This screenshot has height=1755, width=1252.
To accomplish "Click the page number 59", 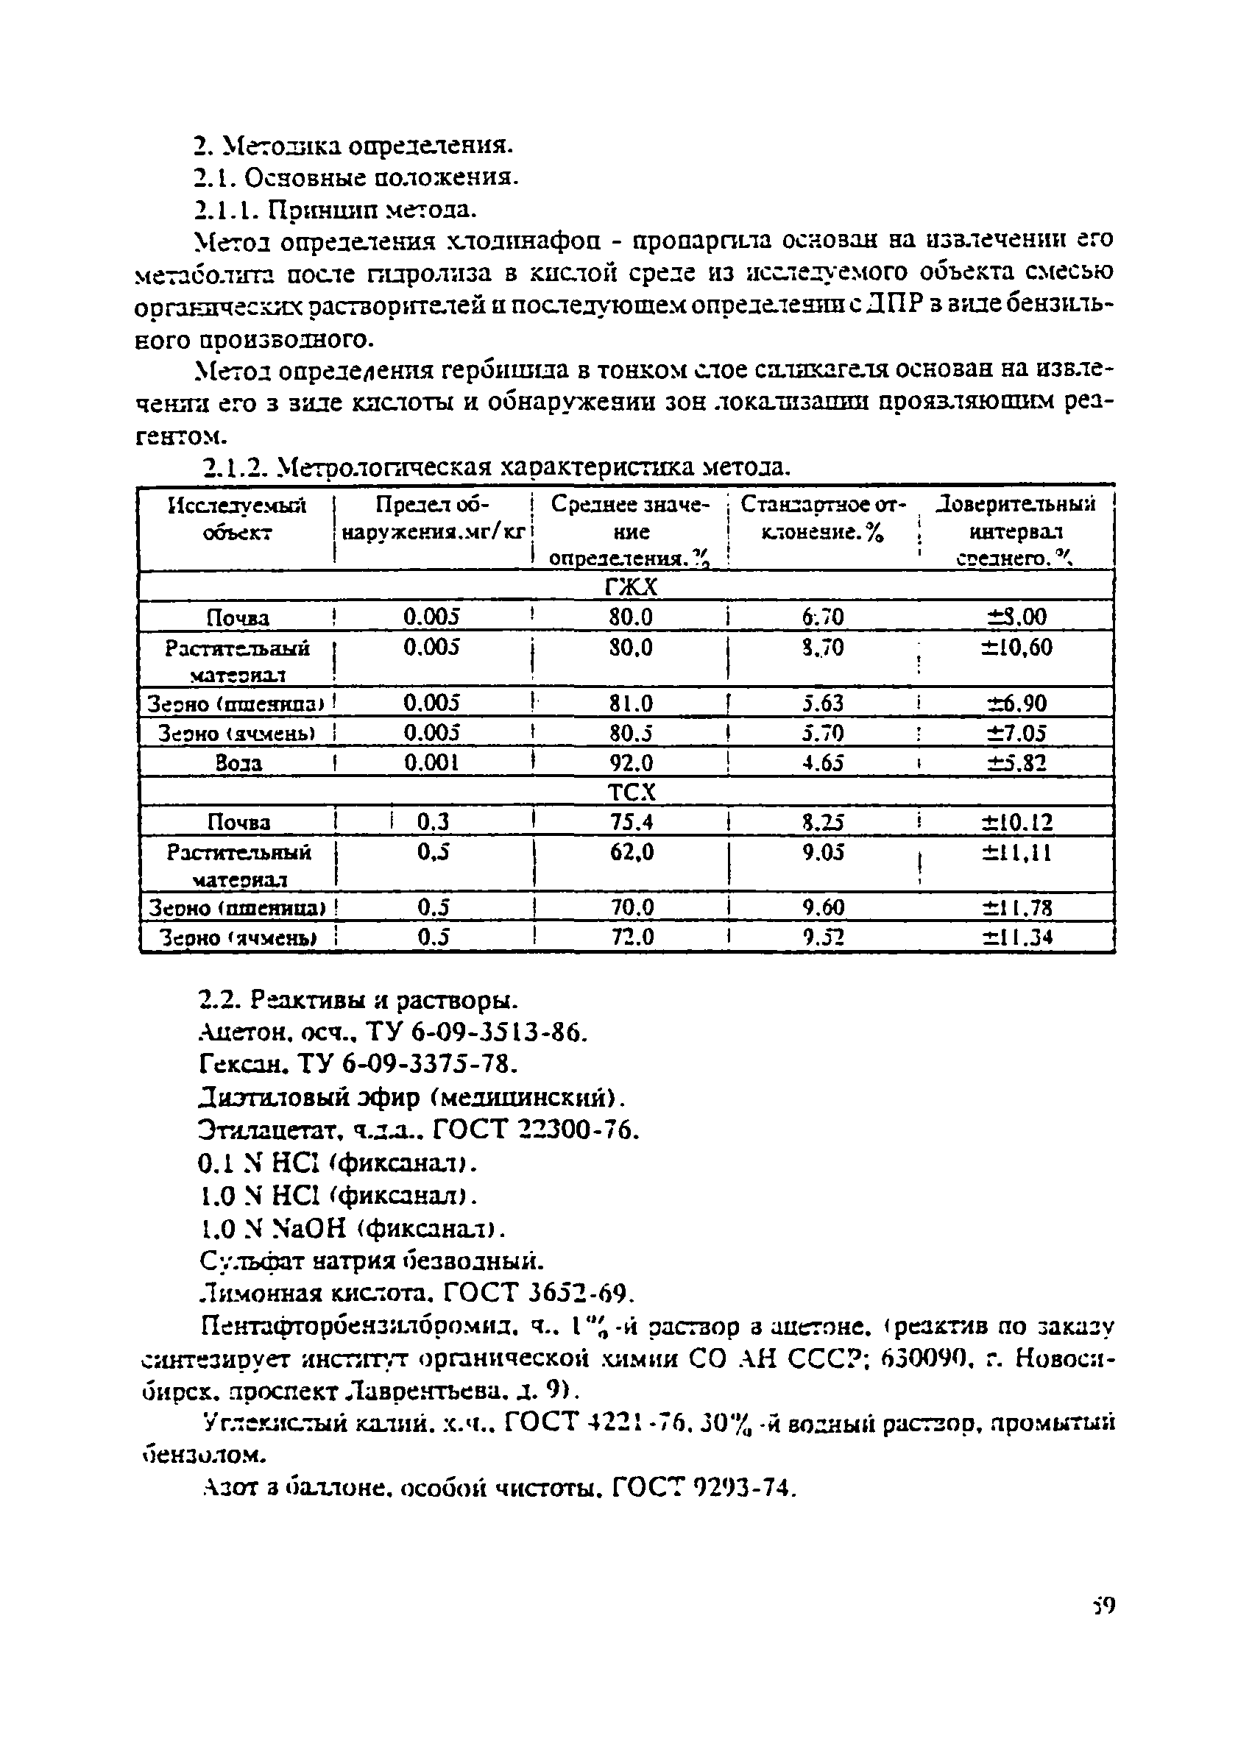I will click(1103, 1606).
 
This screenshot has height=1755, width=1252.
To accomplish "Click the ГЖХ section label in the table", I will click(631, 588).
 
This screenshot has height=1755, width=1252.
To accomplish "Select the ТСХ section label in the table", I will click(631, 793).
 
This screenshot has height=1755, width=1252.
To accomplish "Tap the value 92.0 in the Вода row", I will click(631, 763).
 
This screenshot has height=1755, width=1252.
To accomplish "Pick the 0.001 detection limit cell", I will click(432, 763).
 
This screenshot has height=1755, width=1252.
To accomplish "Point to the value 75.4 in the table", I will click(631, 823).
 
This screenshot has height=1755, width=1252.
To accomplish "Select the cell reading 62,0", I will click(631, 852).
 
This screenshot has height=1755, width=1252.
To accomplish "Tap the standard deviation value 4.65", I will click(823, 763).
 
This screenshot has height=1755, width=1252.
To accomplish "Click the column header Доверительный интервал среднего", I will click(1016, 531).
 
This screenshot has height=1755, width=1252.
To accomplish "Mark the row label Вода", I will click(238, 764).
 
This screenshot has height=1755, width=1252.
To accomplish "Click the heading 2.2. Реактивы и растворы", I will click(358, 1001).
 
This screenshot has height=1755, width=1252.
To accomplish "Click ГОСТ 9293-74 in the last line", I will click(701, 1489).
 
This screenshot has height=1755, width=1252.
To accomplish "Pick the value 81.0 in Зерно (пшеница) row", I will click(631, 703).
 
